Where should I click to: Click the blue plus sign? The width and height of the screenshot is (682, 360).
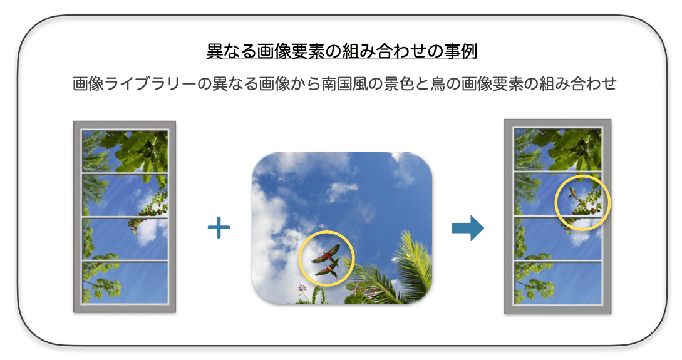point(219,227)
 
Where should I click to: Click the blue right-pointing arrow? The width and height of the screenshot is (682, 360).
point(468,228)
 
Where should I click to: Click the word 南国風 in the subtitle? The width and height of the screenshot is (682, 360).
point(344,83)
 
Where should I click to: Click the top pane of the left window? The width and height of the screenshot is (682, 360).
point(125,152)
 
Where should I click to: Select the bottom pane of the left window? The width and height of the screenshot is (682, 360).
point(125,282)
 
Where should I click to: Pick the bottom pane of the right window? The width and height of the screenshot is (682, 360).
point(558,283)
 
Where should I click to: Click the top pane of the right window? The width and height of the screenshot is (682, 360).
point(558,149)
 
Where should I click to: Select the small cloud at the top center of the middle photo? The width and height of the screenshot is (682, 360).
point(341,190)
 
